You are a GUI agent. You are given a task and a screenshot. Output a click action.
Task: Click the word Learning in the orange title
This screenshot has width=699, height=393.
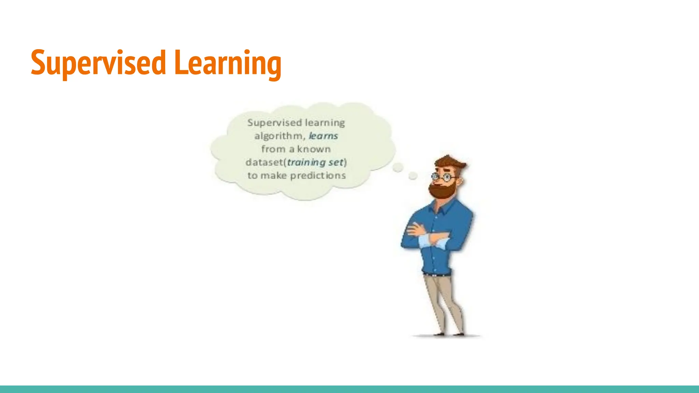[x=228, y=63]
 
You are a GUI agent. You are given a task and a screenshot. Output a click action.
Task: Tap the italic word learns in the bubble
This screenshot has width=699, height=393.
[x=323, y=136]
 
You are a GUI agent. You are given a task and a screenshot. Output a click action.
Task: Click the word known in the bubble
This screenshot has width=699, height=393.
[x=314, y=149]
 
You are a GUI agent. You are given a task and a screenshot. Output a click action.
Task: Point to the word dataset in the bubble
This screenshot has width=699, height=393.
[x=264, y=162]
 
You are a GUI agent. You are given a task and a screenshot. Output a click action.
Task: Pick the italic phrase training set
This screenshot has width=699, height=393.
[x=315, y=162]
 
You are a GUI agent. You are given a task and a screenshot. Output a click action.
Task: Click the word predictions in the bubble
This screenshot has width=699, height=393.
[x=318, y=175]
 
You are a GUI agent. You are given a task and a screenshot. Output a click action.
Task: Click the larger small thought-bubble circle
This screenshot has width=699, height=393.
[x=398, y=168]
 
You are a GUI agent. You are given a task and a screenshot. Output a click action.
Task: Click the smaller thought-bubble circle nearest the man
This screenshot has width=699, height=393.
[x=413, y=176]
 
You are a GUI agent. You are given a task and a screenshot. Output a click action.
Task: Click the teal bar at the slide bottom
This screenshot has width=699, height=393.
[x=349, y=389]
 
